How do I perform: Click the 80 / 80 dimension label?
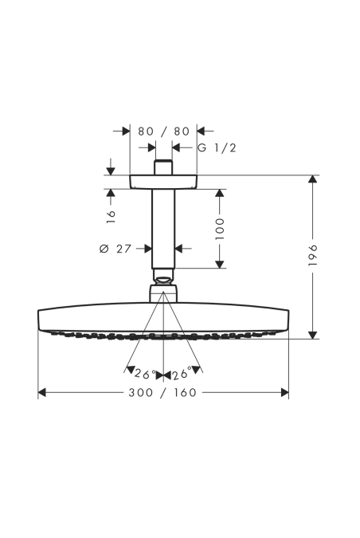click(x=163, y=131)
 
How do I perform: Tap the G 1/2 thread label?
click(x=217, y=148)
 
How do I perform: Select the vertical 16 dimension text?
click(x=111, y=217)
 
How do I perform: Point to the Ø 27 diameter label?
click(x=115, y=249)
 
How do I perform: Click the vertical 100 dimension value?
click(x=220, y=229)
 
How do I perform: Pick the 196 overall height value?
click(x=313, y=255)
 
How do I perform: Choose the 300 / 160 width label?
click(x=162, y=392)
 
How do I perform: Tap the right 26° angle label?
click(x=182, y=374)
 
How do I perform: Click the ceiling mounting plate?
click(x=163, y=182)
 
